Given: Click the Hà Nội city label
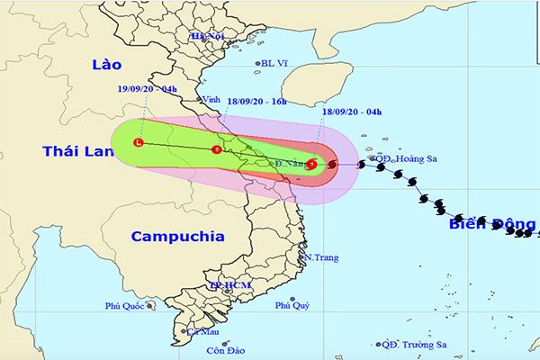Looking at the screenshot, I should click(205, 35).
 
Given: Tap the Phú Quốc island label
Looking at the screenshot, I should click(124, 306).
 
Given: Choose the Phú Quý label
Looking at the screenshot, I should click(292, 306).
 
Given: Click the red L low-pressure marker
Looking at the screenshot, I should click(138, 142).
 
